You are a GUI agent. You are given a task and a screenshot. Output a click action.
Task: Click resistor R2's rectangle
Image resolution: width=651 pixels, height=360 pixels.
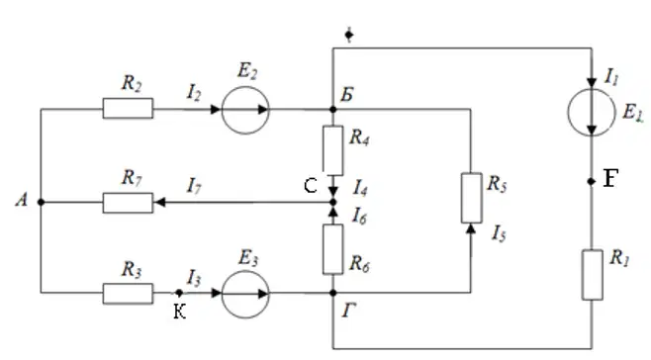click(128, 109)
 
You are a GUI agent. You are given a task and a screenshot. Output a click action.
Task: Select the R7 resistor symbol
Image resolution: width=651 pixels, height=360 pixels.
click(128, 203)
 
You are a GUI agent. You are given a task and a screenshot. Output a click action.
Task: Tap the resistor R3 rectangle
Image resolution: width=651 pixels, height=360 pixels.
click(128, 293)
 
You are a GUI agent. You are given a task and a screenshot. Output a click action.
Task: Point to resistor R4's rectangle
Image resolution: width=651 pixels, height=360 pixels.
click(333, 150)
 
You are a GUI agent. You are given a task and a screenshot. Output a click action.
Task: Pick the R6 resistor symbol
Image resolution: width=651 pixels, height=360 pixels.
click(333, 249)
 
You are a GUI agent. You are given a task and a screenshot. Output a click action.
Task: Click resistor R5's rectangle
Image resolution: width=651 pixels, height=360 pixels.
click(471, 198)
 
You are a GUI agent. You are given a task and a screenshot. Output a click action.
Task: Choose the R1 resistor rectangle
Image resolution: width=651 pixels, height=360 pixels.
click(592, 275)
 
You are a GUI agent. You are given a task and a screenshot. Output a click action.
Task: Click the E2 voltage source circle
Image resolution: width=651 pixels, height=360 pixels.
click(245, 110)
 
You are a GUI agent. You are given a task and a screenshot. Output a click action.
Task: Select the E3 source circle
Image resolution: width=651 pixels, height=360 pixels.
click(245, 294)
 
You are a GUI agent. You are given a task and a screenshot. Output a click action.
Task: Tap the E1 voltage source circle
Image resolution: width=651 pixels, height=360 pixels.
click(592, 112)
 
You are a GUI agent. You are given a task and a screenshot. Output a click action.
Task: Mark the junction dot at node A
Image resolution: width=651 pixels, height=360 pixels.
click(41, 202)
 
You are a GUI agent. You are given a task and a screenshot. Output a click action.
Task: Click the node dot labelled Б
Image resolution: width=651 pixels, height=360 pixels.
click(333, 110)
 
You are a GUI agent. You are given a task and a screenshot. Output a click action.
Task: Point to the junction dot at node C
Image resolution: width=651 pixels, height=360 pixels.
click(333, 202)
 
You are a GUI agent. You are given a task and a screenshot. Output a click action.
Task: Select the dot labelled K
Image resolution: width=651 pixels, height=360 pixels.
click(179, 293)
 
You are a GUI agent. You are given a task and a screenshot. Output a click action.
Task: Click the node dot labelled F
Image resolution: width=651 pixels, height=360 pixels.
click(592, 181)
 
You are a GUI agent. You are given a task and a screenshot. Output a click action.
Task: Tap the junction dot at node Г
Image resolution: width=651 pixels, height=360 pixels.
click(333, 293)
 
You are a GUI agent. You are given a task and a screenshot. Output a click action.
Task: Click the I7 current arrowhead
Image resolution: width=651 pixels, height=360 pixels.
click(160, 202)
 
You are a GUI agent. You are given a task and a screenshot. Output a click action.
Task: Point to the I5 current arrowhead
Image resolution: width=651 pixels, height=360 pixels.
click(471, 228)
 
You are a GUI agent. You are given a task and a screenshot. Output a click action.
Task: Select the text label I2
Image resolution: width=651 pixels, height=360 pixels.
click(194, 93)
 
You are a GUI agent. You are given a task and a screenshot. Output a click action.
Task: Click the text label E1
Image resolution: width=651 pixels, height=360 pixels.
click(632, 112)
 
